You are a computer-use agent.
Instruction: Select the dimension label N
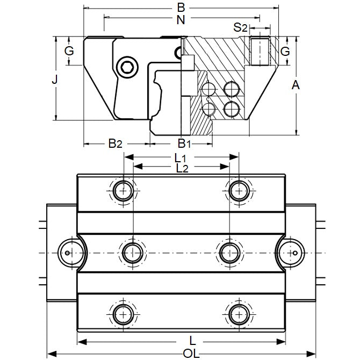coord(181,20)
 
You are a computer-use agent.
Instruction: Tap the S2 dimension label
coord(240,27)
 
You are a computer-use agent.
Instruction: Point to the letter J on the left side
coord(54,80)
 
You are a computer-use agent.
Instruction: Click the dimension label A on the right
coord(294,84)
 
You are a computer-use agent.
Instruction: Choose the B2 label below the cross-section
coord(115,143)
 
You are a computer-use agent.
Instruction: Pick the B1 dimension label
coord(184,143)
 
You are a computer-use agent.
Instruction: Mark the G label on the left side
coord(68,52)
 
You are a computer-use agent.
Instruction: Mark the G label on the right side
coord(286,52)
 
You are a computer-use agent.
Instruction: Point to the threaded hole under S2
coord(259,51)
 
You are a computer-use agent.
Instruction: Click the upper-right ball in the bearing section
coord(232,88)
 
